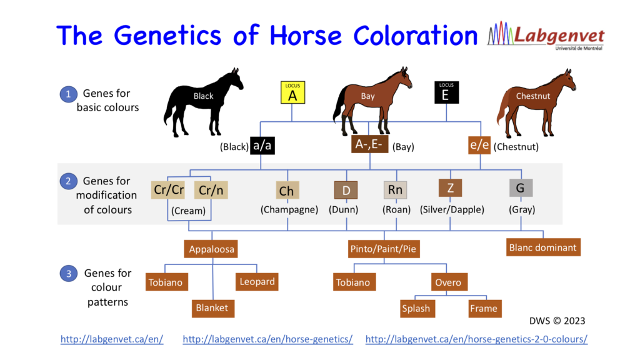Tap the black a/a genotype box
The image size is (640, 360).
(x=262, y=146)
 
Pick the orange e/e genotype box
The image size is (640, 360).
(x=480, y=146)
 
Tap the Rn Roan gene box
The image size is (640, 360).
(x=395, y=189)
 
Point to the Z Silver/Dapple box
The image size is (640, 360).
(x=450, y=187)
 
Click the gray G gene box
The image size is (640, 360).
(x=520, y=187)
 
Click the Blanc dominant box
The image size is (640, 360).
(x=542, y=247)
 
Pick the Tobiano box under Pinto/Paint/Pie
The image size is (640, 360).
(x=353, y=282)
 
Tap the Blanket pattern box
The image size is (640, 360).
(x=212, y=307)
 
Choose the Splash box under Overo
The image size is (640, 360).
(x=416, y=308)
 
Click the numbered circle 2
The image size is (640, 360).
(x=67, y=181)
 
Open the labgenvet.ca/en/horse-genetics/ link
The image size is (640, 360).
(x=267, y=339)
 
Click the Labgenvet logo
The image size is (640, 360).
(x=545, y=37)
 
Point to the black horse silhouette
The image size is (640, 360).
(x=203, y=100)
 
